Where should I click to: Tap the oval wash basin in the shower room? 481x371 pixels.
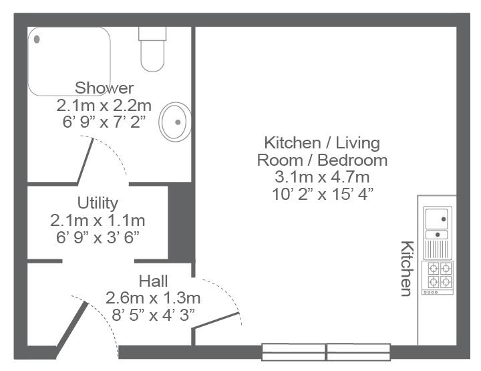tap(175, 122)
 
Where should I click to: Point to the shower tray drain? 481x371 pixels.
tap(37, 39)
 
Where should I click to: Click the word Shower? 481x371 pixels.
tap(104, 88)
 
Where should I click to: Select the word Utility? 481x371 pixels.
tap(98, 203)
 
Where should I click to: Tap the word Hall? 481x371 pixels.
tap(153, 281)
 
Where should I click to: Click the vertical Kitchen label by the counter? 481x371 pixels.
tap(407, 269)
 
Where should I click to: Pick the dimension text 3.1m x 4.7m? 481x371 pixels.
tap(322, 177)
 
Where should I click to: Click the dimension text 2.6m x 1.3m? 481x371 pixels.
tap(153, 298)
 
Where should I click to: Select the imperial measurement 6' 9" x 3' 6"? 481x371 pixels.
tap(98, 237)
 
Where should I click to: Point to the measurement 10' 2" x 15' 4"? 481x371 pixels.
tap(323, 194)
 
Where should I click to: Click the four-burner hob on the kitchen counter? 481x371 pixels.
tap(438, 278)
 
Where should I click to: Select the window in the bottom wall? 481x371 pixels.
tap(326, 352)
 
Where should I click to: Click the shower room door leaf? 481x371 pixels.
tap(86, 161)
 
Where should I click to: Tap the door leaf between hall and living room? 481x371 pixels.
tap(216, 321)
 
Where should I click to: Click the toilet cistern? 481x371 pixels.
tap(152, 33)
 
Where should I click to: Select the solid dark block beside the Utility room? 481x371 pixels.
tap(181, 223)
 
